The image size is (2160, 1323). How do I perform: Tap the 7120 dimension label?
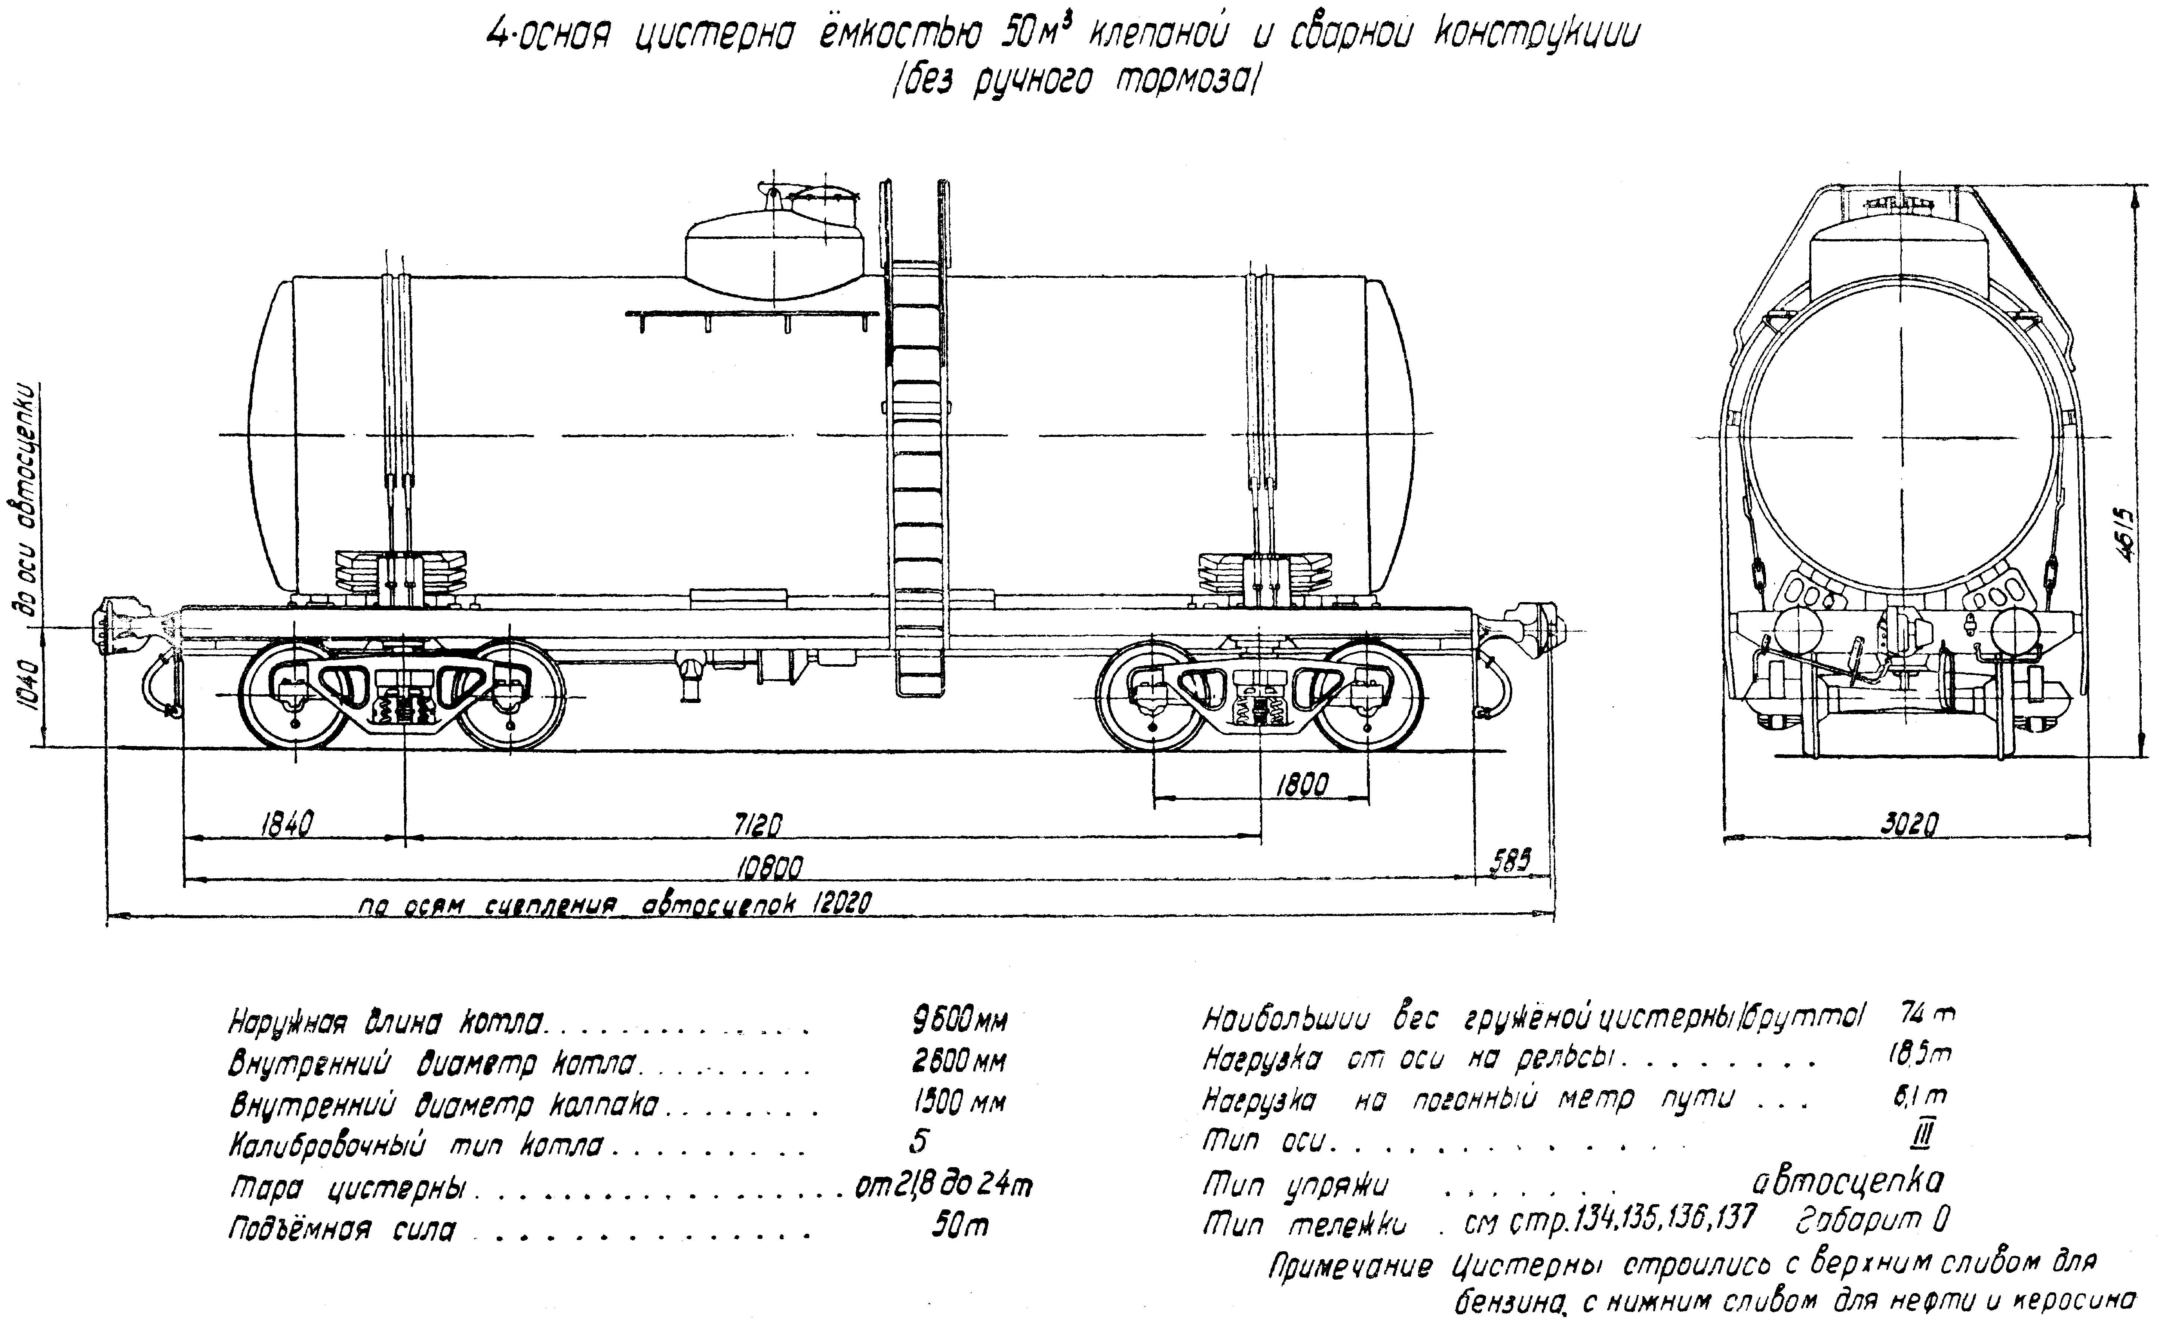click(x=756, y=825)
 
